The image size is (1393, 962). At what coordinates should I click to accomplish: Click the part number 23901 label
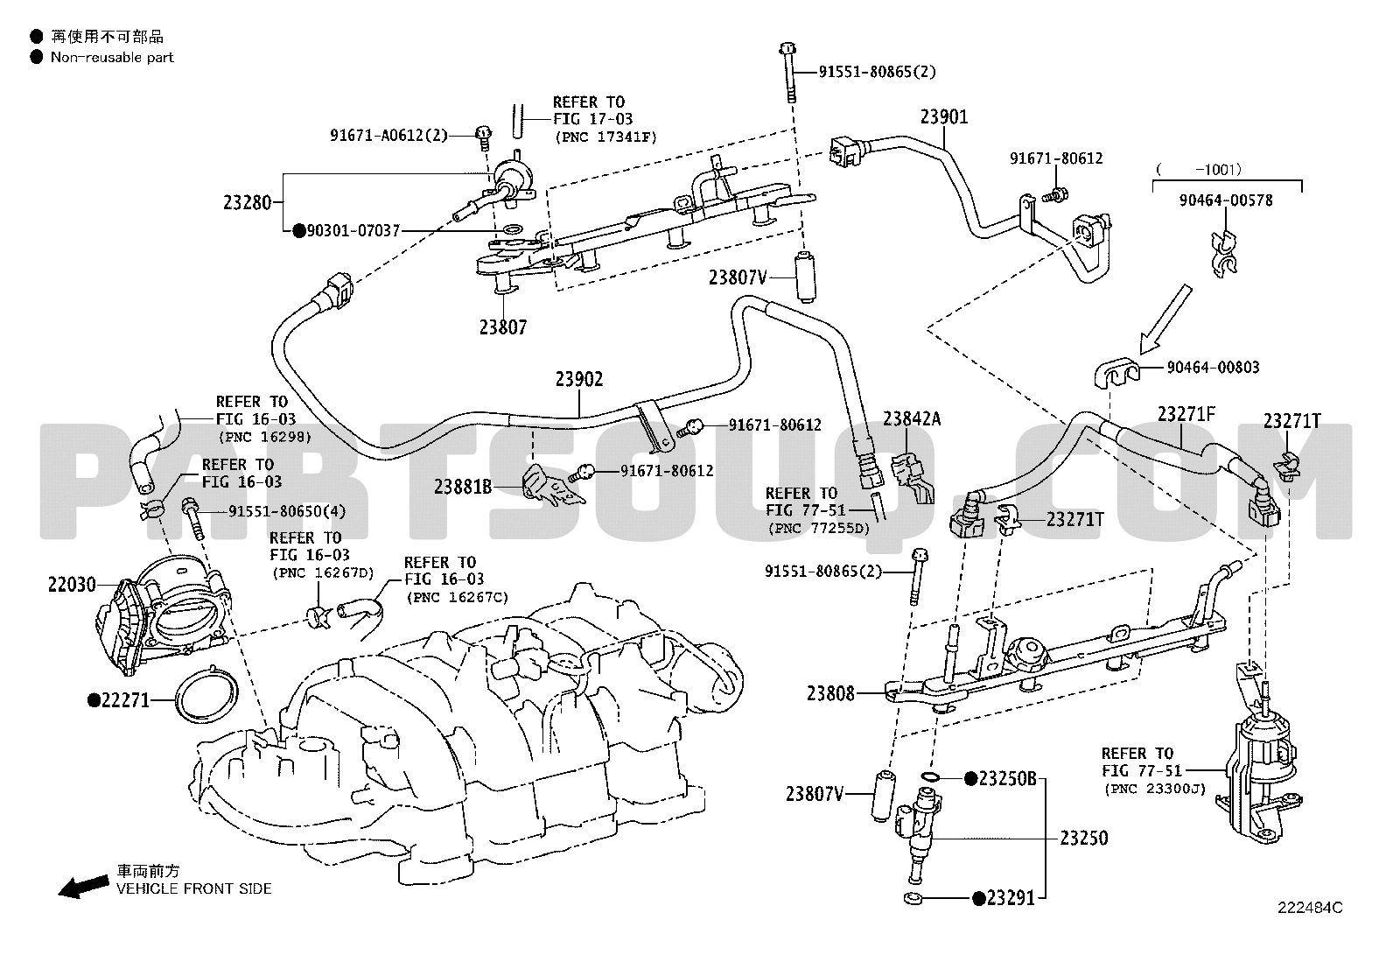944,117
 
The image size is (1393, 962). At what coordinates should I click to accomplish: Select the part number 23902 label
579,379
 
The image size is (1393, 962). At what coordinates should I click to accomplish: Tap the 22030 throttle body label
72,585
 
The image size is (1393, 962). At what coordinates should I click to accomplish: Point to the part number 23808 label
831,693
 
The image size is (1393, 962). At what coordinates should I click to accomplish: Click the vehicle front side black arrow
83,886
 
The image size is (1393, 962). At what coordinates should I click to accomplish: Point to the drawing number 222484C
1310,908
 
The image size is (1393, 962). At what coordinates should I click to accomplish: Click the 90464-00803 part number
1214,367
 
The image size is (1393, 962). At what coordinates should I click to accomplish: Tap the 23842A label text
912,418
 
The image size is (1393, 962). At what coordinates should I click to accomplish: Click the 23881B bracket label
463,487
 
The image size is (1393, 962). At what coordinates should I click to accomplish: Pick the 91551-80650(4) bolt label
287,511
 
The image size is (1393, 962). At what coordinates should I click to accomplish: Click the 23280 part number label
248,203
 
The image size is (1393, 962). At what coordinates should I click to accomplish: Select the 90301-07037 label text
353,231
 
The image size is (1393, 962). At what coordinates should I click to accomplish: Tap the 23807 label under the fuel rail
503,327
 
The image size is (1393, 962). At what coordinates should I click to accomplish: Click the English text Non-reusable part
112,57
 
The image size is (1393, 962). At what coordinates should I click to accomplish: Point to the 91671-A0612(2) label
388,135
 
